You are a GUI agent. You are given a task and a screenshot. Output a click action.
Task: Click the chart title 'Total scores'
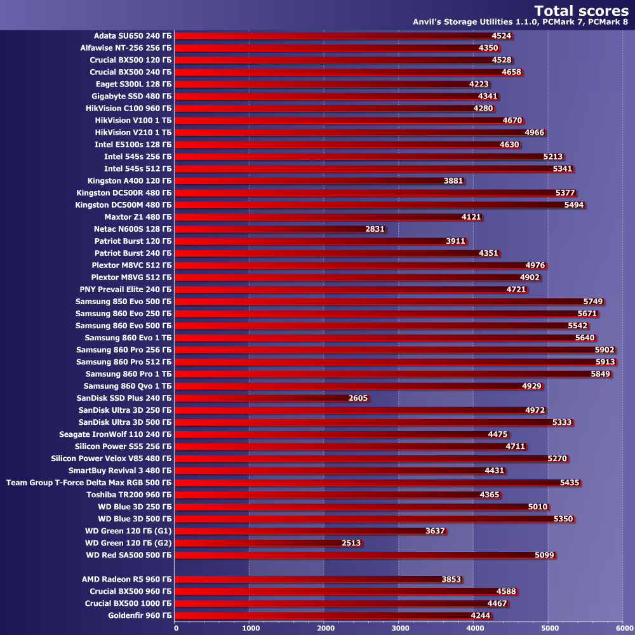coord(581,10)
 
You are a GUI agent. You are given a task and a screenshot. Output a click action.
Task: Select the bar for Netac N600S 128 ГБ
coord(279,229)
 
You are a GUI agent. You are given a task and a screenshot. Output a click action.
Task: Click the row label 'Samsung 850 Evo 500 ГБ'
coord(124,302)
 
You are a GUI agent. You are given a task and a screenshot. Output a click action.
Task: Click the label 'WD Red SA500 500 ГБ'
coord(129,555)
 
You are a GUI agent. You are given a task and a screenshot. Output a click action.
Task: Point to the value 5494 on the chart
coord(573,205)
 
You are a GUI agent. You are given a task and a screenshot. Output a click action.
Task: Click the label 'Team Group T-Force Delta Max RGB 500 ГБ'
coord(89,483)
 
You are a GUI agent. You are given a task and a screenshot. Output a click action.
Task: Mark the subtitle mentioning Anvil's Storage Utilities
coord(520,23)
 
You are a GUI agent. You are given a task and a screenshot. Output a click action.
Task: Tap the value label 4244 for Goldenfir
coord(481,615)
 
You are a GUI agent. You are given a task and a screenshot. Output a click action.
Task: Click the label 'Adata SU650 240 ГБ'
coord(133,36)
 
